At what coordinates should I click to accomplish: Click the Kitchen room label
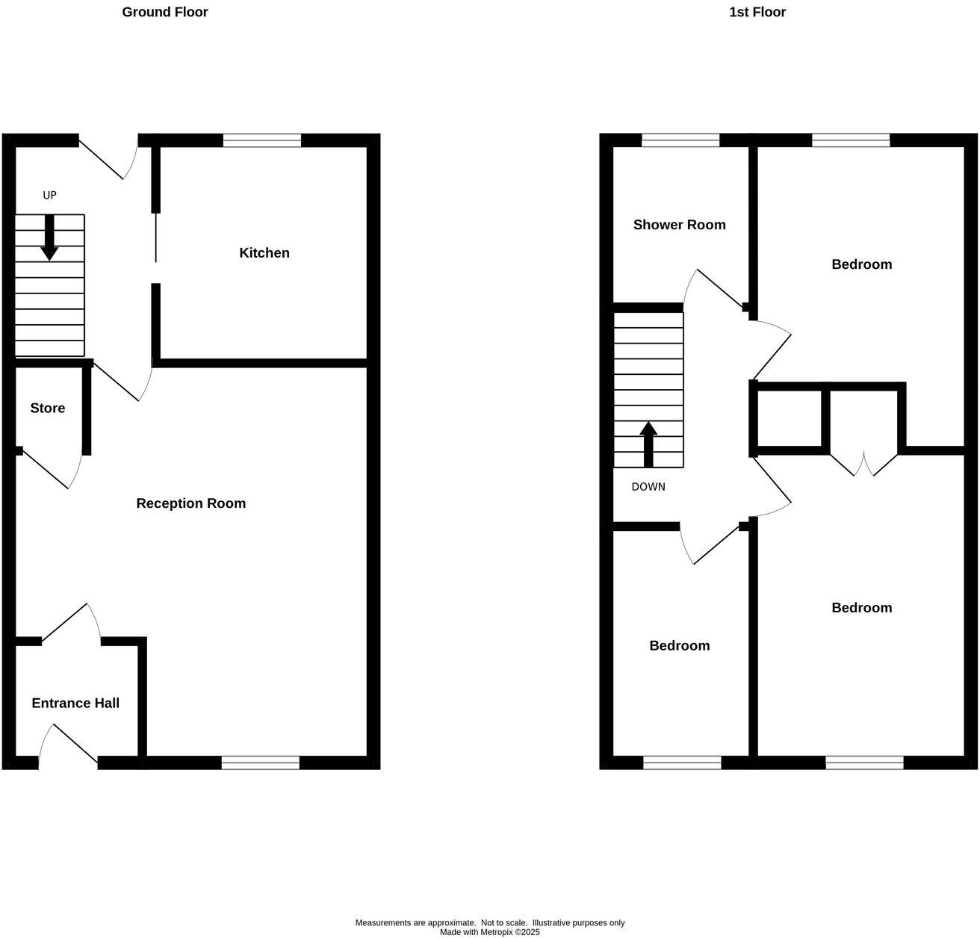(264, 253)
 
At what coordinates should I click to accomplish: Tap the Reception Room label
(190, 503)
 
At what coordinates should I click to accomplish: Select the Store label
(48, 409)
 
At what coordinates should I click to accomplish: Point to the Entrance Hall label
(75, 703)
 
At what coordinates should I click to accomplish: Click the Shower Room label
(679, 225)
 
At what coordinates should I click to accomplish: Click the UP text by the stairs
(49, 196)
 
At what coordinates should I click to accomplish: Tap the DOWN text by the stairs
(648, 487)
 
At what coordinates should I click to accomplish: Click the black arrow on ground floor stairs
(49, 237)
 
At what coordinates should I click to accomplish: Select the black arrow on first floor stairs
(648, 444)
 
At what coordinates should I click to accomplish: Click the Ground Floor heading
(165, 12)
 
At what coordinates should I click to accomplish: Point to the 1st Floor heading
(757, 12)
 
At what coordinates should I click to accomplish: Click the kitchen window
(261, 140)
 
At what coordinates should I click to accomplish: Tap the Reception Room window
(261, 762)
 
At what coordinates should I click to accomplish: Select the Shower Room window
(680, 140)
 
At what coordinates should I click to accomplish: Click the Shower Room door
(717, 288)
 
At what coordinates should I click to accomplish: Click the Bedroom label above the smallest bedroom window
(679, 646)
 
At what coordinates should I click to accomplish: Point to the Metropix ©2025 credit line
(489, 932)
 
